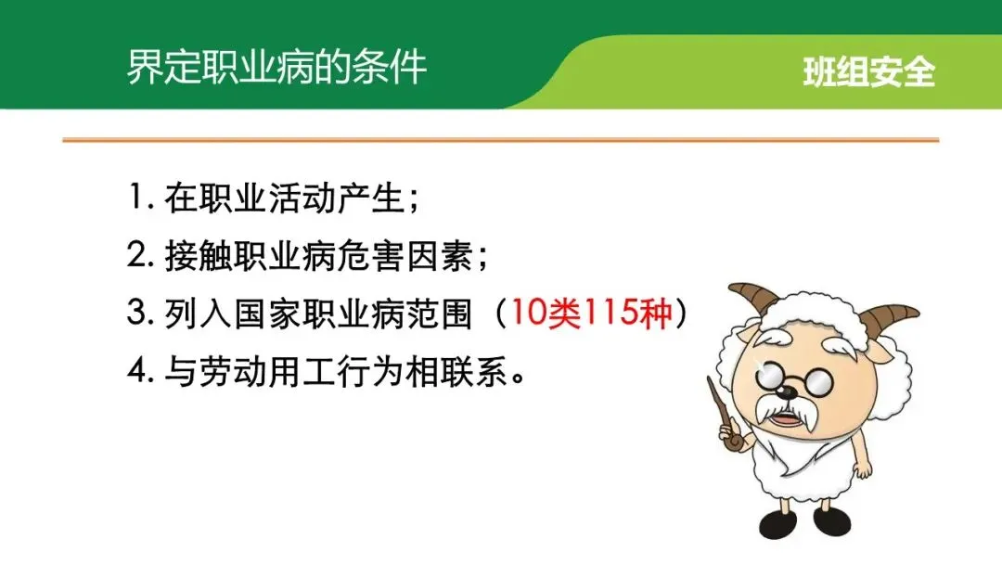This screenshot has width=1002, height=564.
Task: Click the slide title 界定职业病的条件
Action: click(276, 67)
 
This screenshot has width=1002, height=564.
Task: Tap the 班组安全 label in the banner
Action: click(869, 71)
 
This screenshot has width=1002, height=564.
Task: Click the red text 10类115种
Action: click(592, 313)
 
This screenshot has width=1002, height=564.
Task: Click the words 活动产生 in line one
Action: click(336, 198)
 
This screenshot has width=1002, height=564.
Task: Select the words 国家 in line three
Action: click(266, 314)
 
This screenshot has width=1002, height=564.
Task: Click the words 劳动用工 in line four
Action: click(267, 371)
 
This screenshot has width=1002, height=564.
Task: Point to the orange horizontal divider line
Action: click(501, 139)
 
